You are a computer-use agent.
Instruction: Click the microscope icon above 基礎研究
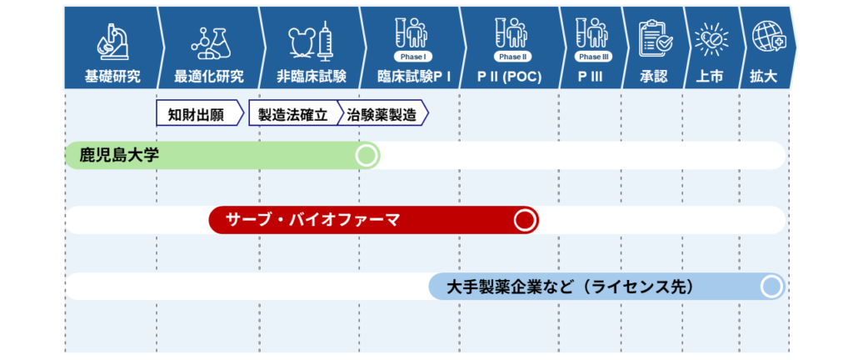112,42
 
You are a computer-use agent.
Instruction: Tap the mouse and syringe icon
310,41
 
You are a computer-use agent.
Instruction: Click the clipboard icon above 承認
655,39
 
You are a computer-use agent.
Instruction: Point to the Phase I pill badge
413,57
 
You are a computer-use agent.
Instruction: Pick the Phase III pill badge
593,57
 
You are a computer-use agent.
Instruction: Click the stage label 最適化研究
209,77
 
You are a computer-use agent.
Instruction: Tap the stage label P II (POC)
510,77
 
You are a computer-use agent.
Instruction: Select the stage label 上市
710,77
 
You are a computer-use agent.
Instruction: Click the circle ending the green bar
367,156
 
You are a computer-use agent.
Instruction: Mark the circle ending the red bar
526,220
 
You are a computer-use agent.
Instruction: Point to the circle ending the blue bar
771,287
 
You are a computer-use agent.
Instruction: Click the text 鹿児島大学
119,156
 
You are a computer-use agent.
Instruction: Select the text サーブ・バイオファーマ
312,220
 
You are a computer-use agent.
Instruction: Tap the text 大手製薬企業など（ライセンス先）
570,287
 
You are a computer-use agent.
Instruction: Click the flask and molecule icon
209,42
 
